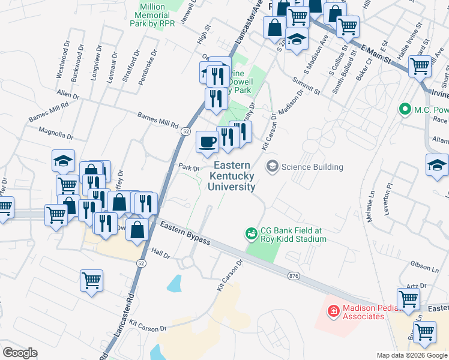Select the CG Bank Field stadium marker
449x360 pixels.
click(x=252, y=232)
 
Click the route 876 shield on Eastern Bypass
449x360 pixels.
click(x=294, y=275)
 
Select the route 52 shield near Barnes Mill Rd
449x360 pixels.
click(x=187, y=131)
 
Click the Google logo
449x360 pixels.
click(x=20, y=353)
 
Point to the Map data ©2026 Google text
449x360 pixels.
click(x=412, y=355)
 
